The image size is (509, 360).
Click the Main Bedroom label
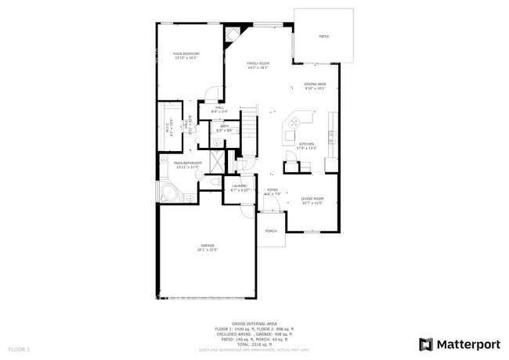[x=186, y=53]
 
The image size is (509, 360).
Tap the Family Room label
[x=258, y=63]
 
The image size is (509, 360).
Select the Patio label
[x=323, y=37]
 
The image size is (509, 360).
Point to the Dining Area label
[x=315, y=84]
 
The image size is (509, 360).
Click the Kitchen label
[x=306, y=144]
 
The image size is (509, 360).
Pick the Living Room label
[x=312, y=199]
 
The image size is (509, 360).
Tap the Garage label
[x=207, y=245]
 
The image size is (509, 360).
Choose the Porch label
[x=271, y=231]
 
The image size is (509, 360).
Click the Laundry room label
[x=239, y=185]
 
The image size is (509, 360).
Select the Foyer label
[x=272, y=189]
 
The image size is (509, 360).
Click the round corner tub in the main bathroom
[x=168, y=193]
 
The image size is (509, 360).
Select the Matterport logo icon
[x=426, y=344]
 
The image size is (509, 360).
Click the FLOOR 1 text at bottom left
[x=19, y=347]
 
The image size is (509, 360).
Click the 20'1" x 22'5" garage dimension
[x=207, y=250]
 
